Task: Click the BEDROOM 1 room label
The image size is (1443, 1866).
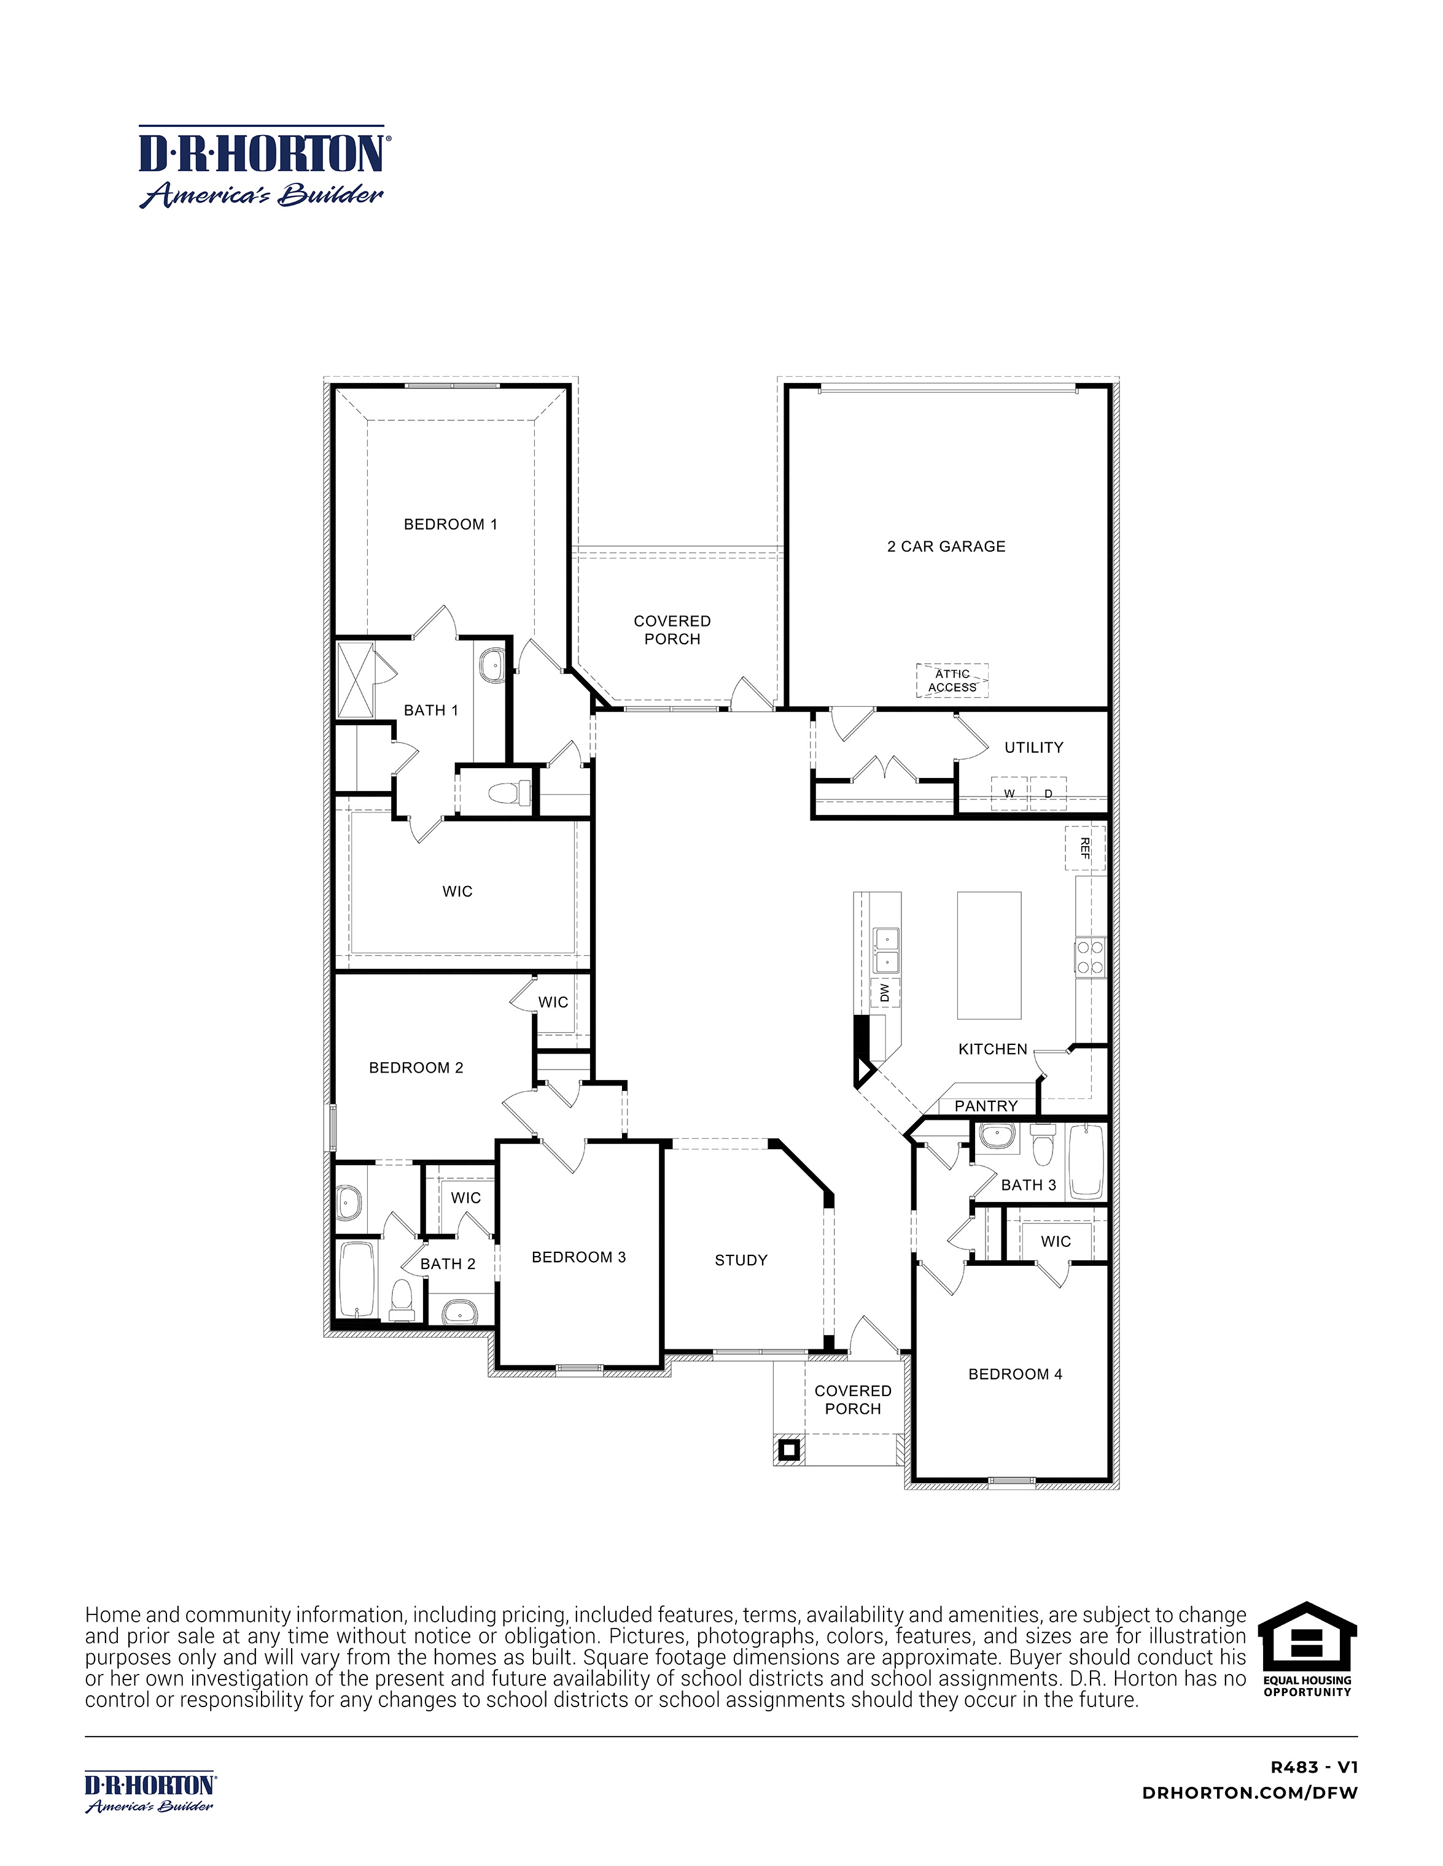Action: click(451, 525)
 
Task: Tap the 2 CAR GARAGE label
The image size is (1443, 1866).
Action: click(946, 547)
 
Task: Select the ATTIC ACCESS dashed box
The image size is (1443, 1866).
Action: click(952, 681)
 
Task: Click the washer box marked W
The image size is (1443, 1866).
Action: click(1009, 794)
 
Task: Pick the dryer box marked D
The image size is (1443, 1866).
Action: click(1049, 794)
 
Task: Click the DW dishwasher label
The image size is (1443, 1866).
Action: click(885, 992)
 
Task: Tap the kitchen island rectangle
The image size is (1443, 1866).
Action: click(989, 955)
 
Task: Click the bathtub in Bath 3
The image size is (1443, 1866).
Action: click(1086, 1162)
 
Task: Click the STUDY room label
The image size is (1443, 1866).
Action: click(741, 1260)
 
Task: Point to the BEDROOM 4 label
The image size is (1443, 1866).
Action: click(1015, 1374)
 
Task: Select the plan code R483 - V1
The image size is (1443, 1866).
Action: click(1314, 1768)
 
